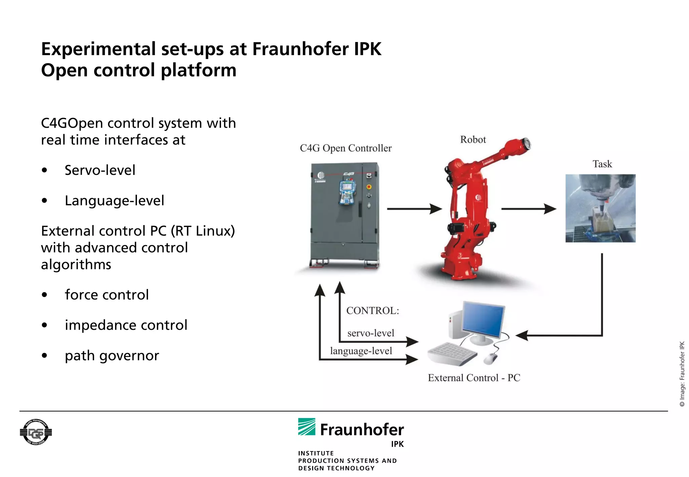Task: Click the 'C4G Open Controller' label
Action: [x=346, y=148]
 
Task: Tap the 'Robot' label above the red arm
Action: [x=473, y=140]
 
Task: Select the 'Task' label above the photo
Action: [x=602, y=164]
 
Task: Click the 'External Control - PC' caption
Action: [x=474, y=378]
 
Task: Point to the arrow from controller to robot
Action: [x=414, y=209]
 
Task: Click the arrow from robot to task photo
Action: [x=528, y=209]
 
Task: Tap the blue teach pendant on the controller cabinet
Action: [x=347, y=192]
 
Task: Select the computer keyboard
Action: [x=452, y=354]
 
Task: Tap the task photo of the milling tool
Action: [x=600, y=208]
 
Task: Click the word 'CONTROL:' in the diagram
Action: [x=372, y=310]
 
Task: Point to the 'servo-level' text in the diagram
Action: [x=370, y=333]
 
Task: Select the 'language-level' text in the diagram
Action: [x=361, y=351]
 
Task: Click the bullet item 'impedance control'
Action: [x=126, y=325]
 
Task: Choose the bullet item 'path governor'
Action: [x=112, y=356]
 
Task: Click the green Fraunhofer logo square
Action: [x=306, y=427]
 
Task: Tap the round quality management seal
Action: [x=36, y=432]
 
